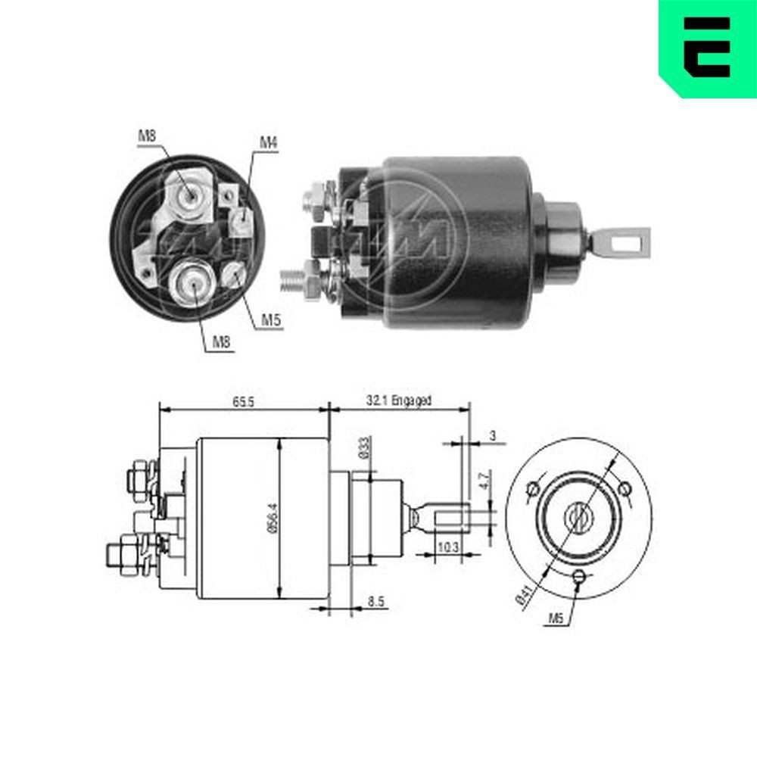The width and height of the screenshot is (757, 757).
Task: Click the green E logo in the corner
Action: pos(708,47)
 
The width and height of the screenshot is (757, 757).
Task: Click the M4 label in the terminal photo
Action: pos(269,142)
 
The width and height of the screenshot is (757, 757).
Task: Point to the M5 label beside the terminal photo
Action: pos(272,319)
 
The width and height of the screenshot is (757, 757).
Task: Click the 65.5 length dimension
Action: pos(243,401)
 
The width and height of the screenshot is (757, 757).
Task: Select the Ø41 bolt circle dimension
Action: pos(522,595)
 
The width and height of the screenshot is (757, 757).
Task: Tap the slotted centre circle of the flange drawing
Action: pos(578,517)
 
